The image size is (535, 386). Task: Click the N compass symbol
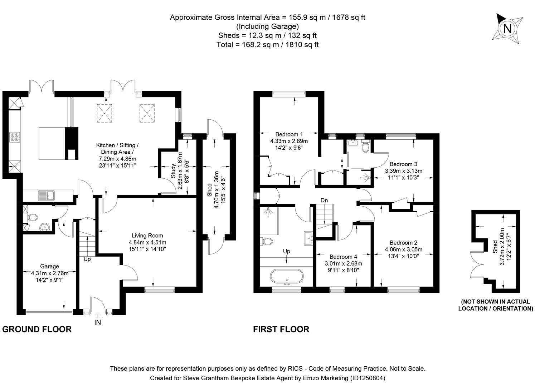click(507, 28)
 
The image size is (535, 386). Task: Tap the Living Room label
click(147, 236)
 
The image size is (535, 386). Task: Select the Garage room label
click(49, 266)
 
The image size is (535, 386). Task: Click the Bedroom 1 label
click(289, 134)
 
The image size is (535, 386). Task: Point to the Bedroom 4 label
click(343, 257)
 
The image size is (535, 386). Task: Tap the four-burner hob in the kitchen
click(15, 137)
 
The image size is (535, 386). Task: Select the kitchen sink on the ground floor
click(46, 196)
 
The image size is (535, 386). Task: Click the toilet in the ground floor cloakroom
click(33, 217)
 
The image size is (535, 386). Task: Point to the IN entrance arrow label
click(97, 322)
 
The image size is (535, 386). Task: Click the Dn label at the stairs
click(324, 201)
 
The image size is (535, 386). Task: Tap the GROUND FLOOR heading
click(37, 329)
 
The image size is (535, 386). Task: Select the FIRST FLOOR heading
click(281, 329)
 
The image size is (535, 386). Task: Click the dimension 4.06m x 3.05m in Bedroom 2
click(403, 249)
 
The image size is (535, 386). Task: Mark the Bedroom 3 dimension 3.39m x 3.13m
click(403, 171)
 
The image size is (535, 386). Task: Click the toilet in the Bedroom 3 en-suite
click(365, 147)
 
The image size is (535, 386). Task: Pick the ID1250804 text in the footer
click(366, 378)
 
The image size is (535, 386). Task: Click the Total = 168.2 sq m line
click(267, 45)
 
